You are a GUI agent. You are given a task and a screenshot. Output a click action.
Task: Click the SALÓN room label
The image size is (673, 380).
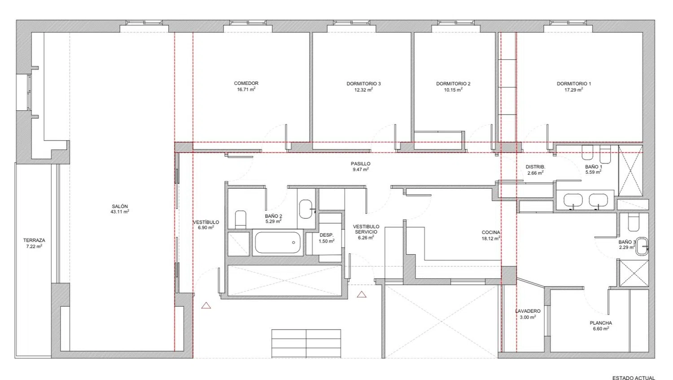pyautogui.click(x=120, y=207)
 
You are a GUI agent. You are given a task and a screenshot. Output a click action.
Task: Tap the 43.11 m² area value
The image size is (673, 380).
pyautogui.click(x=120, y=212)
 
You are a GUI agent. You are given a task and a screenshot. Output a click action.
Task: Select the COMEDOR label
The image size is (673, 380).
pyautogui.click(x=246, y=84)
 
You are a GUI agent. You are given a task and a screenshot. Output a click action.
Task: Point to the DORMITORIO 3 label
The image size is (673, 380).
pyautogui.click(x=363, y=84)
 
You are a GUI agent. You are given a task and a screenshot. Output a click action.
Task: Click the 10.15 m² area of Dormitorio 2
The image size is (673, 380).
pyautogui.click(x=453, y=89)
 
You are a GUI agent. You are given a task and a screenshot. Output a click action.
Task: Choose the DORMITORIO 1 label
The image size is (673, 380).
pyautogui.click(x=574, y=84)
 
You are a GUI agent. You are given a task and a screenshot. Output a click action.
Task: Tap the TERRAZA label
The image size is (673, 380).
pyautogui.click(x=34, y=240)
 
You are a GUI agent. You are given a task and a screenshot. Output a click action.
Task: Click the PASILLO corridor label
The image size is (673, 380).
pyautogui.click(x=361, y=163)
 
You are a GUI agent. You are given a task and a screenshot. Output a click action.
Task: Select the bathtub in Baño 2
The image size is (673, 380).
pyautogui.click(x=278, y=242)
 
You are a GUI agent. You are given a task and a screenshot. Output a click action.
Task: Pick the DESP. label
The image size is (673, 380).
pyautogui.click(x=327, y=235)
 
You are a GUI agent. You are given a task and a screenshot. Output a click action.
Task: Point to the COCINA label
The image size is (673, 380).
pyautogui.click(x=491, y=232)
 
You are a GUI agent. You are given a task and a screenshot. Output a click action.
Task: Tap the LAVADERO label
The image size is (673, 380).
pyautogui.click(x=528, y=311)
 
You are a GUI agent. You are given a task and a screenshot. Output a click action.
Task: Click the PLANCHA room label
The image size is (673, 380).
pyautogui.click(x=601, y=323)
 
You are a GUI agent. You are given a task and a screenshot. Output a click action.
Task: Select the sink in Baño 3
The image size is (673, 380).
pyautogui.click(x=642, y=247)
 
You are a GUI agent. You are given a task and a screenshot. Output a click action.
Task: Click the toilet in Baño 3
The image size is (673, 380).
pyautogui.click(x=634, y=222)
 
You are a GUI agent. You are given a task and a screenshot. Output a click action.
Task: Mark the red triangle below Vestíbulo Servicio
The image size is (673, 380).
pyautogui.click(x=362, y=294)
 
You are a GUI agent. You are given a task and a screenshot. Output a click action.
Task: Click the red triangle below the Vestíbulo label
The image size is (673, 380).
pyautogui.click(x=206, y=306)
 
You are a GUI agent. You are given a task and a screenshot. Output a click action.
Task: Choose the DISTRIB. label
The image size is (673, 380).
pyautogui.click(x=535, y=167)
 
